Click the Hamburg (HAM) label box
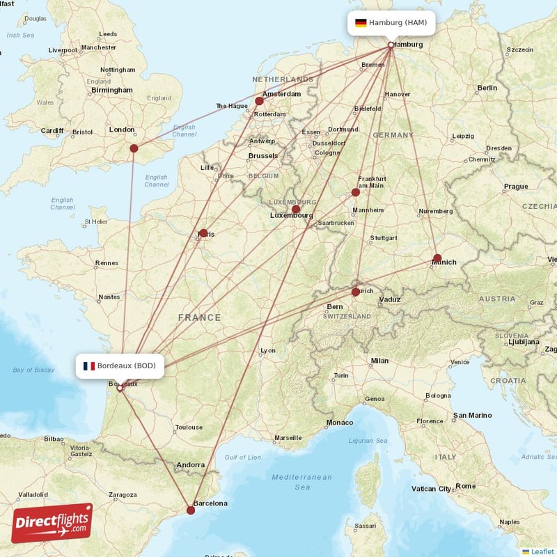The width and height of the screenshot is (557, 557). click(x=391, y=23)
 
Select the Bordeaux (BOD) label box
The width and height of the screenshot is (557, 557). click(x=120, y=366)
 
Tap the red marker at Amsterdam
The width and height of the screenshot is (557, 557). click(x=260, y=101)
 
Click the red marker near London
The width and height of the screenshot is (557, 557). click(x=134, y=148)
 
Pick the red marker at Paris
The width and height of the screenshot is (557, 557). click(x=203, y=233)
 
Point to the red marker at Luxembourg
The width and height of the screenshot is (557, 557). click(x=296, y=209)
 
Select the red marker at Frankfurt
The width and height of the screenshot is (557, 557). click(x=356, y=192)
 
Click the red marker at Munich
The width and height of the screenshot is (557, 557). click(x=437, y=258)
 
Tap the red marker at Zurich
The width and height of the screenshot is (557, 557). click(x=356, y=292)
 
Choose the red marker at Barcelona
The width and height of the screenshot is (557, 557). click(x=191, y=510)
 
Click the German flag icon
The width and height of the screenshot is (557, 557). click(x=361, y=23)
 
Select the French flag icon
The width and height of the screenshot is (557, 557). click(x=88, y=366)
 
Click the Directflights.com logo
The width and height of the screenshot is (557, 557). click(x=52, y=523)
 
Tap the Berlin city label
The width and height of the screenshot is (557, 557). click(x=487, y=88)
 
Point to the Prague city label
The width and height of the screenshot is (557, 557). click(x=516, y=186)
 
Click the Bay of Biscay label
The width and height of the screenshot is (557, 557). click(x=34, y=370)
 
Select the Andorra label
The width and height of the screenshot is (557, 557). click(x=191, y=464)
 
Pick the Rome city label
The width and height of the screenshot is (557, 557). click(x=466, y=486)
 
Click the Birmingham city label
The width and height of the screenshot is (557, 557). click(x=111, y=90)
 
